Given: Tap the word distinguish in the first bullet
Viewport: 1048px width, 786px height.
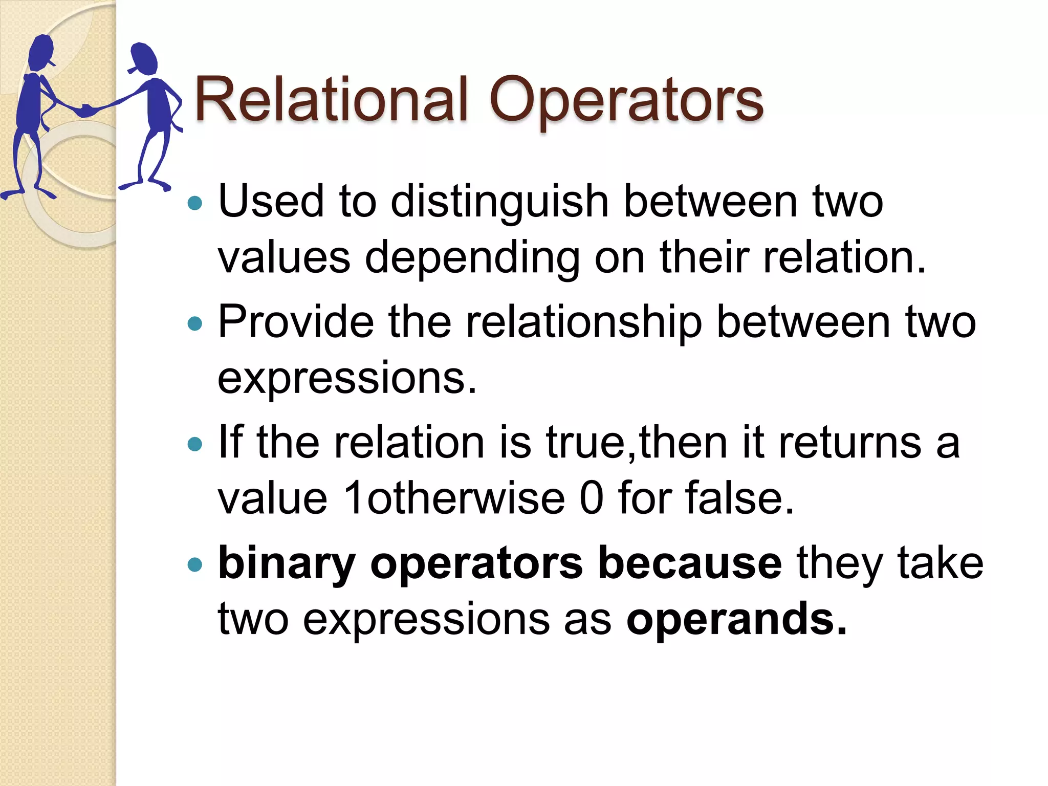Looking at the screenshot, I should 499,201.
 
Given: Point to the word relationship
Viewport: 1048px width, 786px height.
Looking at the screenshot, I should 583,322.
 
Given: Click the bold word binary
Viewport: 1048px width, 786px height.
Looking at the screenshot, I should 287,564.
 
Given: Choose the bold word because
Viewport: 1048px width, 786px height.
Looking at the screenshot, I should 690,563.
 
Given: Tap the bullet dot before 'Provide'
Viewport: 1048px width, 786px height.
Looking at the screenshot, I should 195,323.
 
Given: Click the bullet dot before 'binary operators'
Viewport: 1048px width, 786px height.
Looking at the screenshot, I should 195,565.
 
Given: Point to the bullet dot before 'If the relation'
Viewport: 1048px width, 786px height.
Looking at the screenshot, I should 195,444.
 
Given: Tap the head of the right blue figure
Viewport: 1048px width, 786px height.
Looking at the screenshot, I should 144,57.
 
